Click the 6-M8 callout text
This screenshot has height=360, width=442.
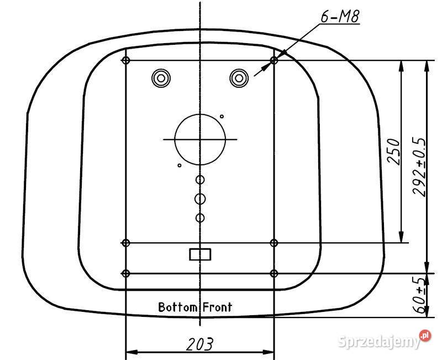340,17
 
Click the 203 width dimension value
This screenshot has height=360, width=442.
200,344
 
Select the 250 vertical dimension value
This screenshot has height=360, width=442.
393,152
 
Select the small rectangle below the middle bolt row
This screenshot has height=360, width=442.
200,254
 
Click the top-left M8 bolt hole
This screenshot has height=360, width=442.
126,60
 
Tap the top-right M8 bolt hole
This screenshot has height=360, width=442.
275,60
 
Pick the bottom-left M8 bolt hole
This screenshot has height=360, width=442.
126,273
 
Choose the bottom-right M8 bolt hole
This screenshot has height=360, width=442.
275,273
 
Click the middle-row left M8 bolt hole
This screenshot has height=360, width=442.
126,242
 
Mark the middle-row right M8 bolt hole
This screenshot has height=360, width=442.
275,242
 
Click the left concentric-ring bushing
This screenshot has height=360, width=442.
161,78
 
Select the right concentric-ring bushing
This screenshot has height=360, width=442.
239,78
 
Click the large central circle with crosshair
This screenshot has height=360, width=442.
200,139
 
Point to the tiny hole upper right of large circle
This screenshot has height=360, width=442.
222,116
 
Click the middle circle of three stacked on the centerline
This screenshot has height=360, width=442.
201,198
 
